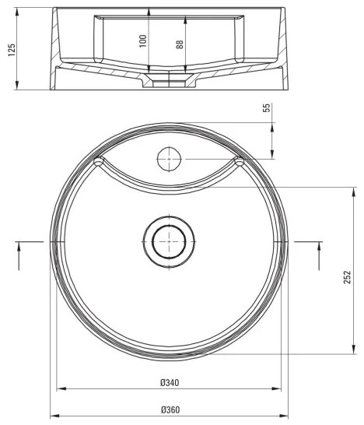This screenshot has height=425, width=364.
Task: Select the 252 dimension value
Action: pyautogui.click(x=348, y=277)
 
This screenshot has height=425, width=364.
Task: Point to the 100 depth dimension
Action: pyautogui.click(x=142, y=40)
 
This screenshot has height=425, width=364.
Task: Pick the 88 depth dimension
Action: pyautogui.click(x=180, y=40)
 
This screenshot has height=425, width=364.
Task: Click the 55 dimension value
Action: pyautogui.click(x=266, y=109)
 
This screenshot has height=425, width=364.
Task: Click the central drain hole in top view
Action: pyautogui.click(x=168, y=242)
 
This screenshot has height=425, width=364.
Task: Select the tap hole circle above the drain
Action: pyautogui.click(x=169, y=160)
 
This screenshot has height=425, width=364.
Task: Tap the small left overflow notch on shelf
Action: pyautogui.click(x=99, y=162)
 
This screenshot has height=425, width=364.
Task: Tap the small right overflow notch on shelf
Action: pyautogui.click(x=239, y=162)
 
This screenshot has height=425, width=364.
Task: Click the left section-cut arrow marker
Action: pyautogui.click(x=19, y=255)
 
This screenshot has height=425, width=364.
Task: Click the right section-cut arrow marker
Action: pyautogui.click(x=319, y=255)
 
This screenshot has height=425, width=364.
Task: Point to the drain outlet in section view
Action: pyautogui.click(x=169, y=82)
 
